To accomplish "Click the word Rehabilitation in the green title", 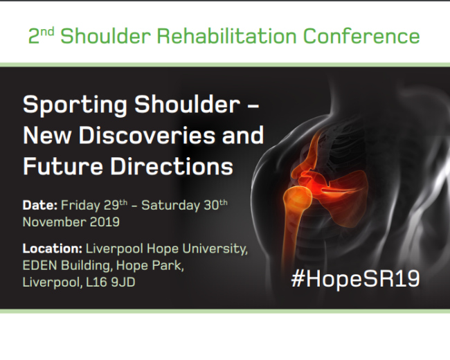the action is point(226,36).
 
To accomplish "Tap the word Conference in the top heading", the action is point(361,36).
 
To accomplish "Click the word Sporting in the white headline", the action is point(75,106).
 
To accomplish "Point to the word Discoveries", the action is point(147,135).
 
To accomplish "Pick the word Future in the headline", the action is point(63,166).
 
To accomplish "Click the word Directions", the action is point(172,166).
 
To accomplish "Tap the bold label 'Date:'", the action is point(40,205).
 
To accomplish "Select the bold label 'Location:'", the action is point(53,249).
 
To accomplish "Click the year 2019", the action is point(105,222).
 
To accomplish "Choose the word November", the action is point(55,222).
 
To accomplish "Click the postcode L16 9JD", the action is point(111,282).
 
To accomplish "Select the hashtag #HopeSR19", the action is point(355,279).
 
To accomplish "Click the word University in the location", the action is point(215,249).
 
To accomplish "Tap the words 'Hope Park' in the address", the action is point(150,266).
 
